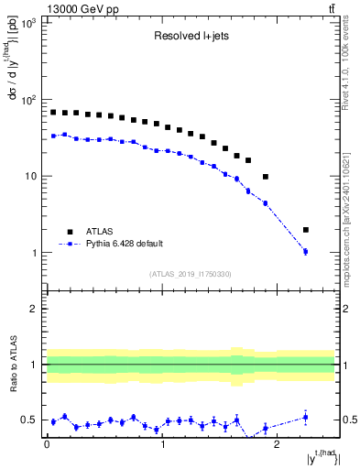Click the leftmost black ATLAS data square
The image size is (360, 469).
tap(53, 112)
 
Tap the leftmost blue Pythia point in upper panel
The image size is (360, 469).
tap(53, 136)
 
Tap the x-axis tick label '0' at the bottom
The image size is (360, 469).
tap(47, 447)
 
